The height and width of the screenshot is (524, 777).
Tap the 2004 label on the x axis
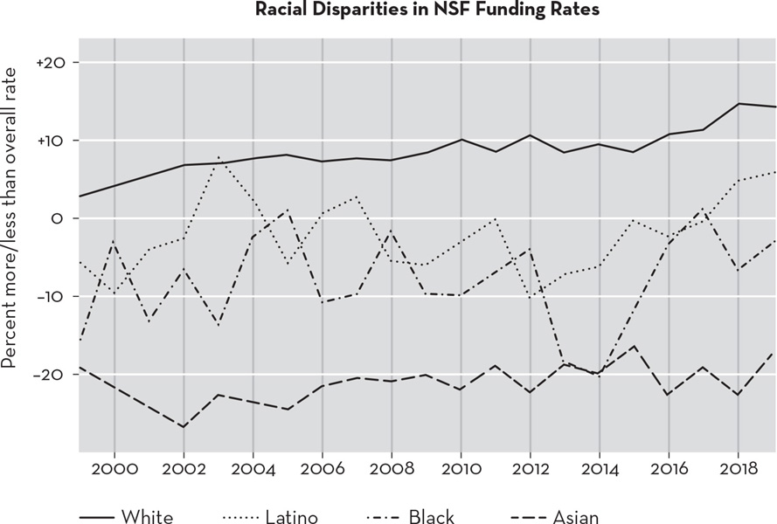[253, 469]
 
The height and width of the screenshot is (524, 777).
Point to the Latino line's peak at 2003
[218, 158]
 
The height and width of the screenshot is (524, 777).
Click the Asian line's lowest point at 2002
[184, 427]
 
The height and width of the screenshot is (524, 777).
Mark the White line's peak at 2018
[738, 104]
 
